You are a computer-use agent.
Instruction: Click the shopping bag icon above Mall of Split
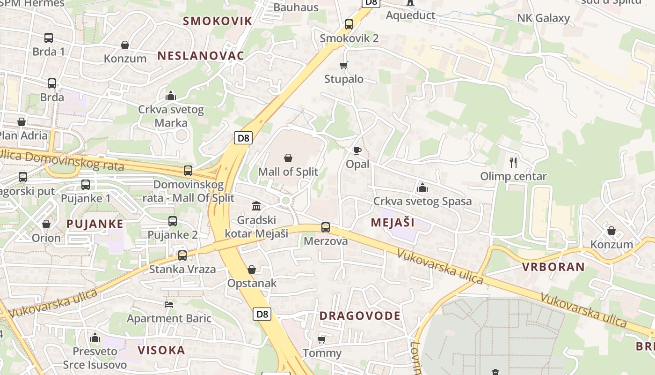coord(288,158)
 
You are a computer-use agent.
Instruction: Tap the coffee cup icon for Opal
coord(357,150)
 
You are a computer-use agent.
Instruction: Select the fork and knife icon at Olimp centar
coord(513,163)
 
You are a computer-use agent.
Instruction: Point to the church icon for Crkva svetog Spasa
coord(422,187)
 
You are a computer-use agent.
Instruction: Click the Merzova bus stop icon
coord(326,227)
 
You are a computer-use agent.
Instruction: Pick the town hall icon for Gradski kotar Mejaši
coord(256,206)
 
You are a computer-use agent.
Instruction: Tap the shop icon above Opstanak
coord(252,270)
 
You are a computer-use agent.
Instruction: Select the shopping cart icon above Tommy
coord(321,339)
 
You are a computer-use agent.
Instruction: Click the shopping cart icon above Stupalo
coord(344,65)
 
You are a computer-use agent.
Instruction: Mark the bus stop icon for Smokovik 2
coord(349,24)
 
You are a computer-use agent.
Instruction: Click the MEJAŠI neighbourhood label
coord(393,223)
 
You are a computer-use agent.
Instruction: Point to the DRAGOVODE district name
coord(360,316)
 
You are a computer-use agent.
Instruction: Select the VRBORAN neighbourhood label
coord(553,267)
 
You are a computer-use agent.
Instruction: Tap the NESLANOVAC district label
coord(201,56)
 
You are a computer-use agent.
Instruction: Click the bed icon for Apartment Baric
coord(169,305)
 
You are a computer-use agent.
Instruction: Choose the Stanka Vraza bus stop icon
coord(182,255)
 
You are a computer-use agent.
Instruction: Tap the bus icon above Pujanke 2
coord(173,221)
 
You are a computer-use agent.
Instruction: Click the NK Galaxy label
coord(543,19)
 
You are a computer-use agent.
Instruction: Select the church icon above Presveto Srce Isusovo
coord(95,337)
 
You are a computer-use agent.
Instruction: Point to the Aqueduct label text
coord(410,15)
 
